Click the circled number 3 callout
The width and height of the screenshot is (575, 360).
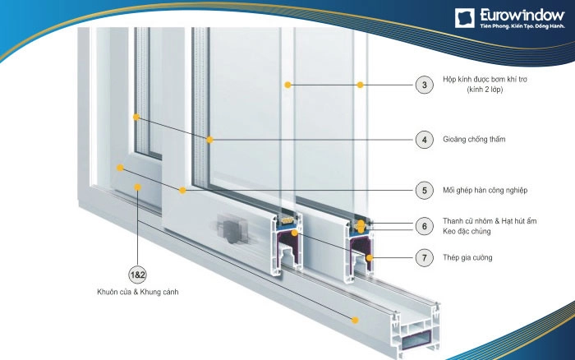425,85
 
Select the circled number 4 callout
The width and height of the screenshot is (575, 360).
425,140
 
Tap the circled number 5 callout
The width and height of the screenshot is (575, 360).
425,191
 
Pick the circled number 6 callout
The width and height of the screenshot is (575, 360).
425,226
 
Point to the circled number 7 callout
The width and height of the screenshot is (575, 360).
425,257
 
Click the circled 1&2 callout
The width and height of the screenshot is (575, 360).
137,275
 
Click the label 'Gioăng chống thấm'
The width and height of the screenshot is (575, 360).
474,140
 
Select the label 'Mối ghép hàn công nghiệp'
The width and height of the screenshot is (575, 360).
485,191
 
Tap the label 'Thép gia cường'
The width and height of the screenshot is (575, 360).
467,257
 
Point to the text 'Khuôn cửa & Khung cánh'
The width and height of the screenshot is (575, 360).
137,292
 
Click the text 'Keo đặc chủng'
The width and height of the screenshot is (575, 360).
467,231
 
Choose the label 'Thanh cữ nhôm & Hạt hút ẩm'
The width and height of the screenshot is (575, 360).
490,221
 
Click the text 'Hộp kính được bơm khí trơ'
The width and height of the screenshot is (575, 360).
485,79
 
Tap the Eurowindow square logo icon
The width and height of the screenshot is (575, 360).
465,18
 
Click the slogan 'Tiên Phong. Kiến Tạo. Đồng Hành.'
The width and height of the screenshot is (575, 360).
522,26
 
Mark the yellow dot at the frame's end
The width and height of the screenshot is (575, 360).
355,320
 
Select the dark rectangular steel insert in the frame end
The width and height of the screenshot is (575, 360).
416,339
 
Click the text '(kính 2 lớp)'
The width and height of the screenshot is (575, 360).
485,90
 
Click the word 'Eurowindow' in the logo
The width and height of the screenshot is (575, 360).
522,16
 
